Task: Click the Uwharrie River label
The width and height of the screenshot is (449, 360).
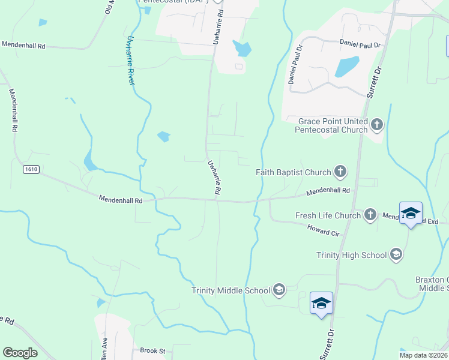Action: (x=130, y=60)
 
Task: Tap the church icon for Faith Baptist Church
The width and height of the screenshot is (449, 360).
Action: (x=340, y=172)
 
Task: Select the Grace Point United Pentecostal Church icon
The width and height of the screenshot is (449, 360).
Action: (x=376, y=125)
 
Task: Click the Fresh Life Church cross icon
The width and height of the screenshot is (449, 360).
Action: (x=370, y=215)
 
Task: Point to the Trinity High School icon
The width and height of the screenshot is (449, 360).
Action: (x=396, y=255)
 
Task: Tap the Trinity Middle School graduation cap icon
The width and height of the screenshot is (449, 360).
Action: (x=279, y=290)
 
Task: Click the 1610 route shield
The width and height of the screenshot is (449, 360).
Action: (x=31, y=170)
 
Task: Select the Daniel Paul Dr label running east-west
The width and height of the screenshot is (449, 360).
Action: (x=360, y=44)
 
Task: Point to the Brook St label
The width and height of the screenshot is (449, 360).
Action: (x=152, y=350)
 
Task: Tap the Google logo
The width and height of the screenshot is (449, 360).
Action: (x=20, y=353)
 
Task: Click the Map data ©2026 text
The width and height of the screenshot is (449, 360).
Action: (x=423, y=355)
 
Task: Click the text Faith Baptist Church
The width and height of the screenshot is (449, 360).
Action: (x=293, y=172)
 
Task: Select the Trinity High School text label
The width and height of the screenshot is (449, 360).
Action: (x=351, y=255)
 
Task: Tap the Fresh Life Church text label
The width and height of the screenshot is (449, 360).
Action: (x=328, y=215)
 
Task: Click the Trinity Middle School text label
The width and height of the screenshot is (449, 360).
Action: (x=231, y=290)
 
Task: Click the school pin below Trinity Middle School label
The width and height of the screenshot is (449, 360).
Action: (x=321, y=303)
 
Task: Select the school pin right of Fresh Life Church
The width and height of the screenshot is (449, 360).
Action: (x=411, y=214)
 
